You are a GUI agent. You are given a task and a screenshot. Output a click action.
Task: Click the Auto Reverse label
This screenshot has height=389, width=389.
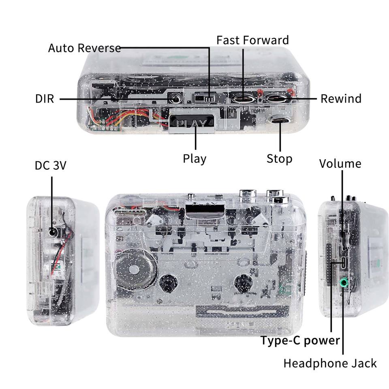click(84, 48)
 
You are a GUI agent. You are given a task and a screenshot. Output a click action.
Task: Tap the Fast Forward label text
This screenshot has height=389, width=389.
click(252, 40)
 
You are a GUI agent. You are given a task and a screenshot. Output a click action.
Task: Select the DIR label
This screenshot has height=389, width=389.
click(45, 98)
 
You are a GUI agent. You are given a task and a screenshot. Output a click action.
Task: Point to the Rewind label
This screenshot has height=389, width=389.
click(341, 98)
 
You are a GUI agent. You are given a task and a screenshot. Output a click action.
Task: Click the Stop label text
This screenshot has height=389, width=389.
click(279, 158)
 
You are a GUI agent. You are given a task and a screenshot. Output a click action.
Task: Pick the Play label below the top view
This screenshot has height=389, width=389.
click(194, 158)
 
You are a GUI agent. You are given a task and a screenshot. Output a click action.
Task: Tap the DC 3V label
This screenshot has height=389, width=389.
click(50, 165)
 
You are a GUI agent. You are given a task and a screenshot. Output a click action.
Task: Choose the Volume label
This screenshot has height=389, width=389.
click(340, 164)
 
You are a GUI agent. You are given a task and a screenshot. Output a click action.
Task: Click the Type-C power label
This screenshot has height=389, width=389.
click(300, 340)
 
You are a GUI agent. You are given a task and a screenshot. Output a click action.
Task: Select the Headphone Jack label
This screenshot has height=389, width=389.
click(330, 363)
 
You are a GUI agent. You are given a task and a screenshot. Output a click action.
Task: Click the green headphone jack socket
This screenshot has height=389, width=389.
click(344, 283)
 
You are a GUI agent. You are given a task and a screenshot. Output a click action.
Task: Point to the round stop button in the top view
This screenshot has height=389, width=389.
click(280, 120)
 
